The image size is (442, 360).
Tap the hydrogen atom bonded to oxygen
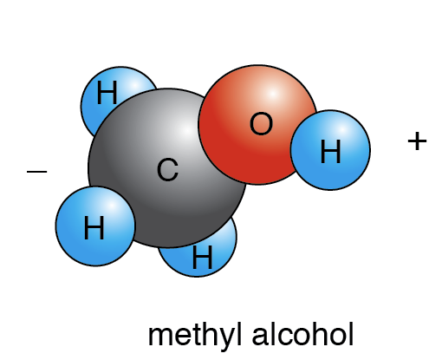tap(331, 150)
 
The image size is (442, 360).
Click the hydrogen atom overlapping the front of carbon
tap(95, 226)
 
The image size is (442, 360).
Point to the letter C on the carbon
tap(167, 170)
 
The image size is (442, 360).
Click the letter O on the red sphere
tap(261, 123)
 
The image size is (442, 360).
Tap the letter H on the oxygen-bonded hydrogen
tap(330, 151)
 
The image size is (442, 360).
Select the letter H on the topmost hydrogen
tap(107, 92)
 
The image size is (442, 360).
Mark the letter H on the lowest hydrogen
tap(202, 257)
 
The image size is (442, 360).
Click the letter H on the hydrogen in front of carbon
tap(94, 228)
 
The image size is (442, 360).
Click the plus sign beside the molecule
tap(417, 141)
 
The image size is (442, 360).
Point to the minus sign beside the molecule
tap(36, 172)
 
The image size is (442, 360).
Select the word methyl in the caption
tap(195, 335)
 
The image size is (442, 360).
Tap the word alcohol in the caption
tap(302, 334)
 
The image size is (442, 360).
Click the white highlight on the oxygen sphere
tap(272, 94)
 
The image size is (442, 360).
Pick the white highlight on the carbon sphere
tap(187, 131)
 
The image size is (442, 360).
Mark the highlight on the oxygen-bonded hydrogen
tap(341, 130)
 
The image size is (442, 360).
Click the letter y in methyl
tap(224, 338)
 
